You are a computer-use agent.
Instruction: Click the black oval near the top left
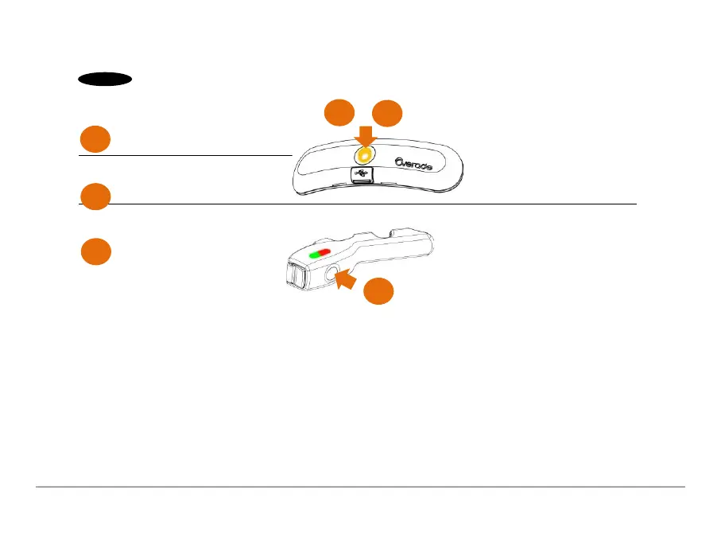104,80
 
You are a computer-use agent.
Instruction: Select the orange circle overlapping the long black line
95,197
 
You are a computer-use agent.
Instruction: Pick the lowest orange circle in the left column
95,252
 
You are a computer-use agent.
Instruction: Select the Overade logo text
421,163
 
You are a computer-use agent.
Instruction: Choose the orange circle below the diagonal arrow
378,293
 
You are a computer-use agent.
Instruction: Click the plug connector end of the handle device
294,278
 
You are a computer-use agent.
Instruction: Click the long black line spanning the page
477,204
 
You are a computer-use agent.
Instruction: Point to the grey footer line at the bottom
360,487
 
